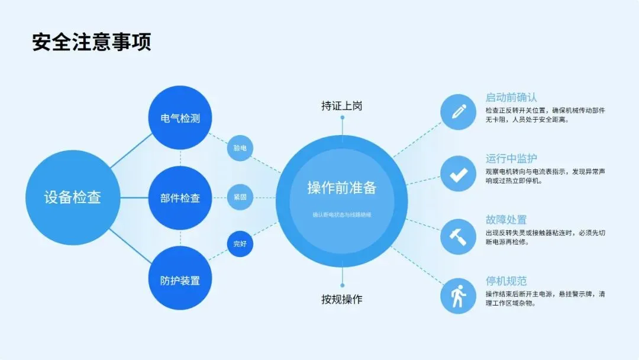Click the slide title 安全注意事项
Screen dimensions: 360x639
tap(92, 43)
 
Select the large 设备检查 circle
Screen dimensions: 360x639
tap(73, 197)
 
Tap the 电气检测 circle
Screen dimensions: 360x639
tap(180, 118)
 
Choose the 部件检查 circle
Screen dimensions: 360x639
tap(180, 198)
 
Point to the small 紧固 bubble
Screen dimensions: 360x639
tap(240, 197)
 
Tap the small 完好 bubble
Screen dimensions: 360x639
tap(240, 244)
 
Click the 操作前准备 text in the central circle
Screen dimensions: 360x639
tap(342, 188)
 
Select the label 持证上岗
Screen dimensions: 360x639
tap(342, 106)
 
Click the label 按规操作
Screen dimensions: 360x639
tap(342, 300)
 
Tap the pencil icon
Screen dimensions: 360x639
tap(458, 112)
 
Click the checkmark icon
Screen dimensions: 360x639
tap(458, 173)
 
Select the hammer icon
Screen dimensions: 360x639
tap(458, 235)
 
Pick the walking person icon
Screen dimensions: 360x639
tap(458, 296)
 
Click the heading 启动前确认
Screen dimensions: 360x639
tap(511, 98)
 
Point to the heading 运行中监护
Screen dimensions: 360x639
tap(511, 159)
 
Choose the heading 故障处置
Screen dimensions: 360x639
tap(506, 220)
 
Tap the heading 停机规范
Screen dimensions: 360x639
tap(506, 281)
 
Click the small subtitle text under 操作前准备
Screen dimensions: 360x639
tap(342, 215)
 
